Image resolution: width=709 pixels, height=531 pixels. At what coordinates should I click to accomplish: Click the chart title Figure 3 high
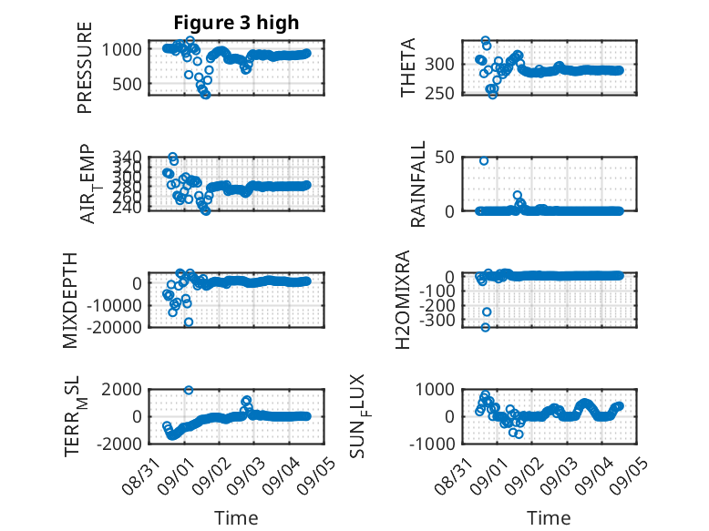coord(236,23)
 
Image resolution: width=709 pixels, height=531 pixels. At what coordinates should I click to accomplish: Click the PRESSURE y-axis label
coord(85,67)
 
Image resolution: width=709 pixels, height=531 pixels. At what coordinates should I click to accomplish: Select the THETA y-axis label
coord(408,67)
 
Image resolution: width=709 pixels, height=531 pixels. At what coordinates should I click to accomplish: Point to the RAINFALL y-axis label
coord(417,183)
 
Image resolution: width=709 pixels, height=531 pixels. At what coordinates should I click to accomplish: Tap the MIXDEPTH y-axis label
coord(70,301)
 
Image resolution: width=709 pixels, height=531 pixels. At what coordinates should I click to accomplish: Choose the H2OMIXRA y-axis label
coord(403,300)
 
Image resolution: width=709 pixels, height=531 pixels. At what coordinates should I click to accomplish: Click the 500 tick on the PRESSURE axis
coord(127,84)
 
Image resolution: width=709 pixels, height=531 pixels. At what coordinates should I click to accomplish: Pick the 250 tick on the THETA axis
coord(439,93)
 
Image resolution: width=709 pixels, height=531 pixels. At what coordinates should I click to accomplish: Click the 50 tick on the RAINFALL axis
coord(445,158)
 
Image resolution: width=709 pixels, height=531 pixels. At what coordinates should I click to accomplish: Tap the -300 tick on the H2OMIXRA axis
coord(437,320)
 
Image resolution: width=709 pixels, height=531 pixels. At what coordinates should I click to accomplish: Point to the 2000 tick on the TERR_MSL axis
coord(121,389)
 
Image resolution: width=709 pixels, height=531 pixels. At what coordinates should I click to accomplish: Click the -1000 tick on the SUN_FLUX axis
coord(432,444)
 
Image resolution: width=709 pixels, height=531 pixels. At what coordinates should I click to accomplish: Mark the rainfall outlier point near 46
coord(484,161)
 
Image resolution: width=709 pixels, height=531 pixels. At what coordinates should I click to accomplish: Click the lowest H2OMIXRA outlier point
coord(485,327)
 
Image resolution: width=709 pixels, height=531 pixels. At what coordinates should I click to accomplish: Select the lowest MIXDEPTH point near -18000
coord(189,322)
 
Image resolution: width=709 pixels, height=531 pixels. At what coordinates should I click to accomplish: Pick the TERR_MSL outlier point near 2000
coord(189,390)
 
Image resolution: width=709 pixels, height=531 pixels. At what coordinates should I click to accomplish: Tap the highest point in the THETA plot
coord(485,40)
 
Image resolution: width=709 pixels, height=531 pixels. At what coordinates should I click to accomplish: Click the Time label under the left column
coord(236,518)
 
